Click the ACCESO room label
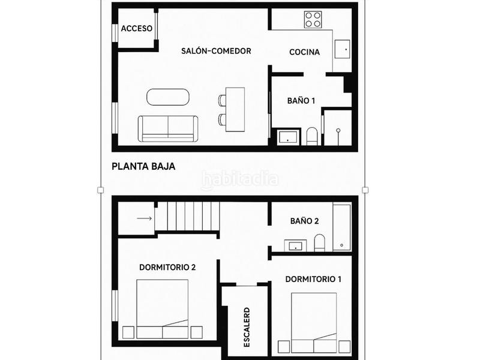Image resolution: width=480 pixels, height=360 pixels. (137, 29)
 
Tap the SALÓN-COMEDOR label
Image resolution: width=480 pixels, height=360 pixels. (216, 51)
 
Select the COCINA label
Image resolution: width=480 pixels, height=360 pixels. (304, 52)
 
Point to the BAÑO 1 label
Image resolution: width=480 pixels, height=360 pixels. (302, 101)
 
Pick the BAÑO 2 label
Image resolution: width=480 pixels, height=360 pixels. (304, 221)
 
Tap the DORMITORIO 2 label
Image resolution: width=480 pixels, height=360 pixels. (167, 268)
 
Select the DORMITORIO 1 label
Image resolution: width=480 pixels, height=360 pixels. (314, 279)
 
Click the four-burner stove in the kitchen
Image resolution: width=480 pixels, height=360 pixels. (313, 20)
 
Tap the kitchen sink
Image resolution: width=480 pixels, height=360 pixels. (343, 48)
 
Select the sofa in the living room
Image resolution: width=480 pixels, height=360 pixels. (168, 128)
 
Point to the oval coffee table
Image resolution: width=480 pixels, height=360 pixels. (168, 97)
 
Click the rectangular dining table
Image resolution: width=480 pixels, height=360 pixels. (235, 109)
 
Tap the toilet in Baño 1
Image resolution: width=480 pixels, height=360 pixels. (312, 136)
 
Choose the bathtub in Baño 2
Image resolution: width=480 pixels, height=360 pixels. (342, 227)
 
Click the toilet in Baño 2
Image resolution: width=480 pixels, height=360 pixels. (319, 242)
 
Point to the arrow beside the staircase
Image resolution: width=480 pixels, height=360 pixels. (144, 218)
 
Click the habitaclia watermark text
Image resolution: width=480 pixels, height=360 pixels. (240, 178)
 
